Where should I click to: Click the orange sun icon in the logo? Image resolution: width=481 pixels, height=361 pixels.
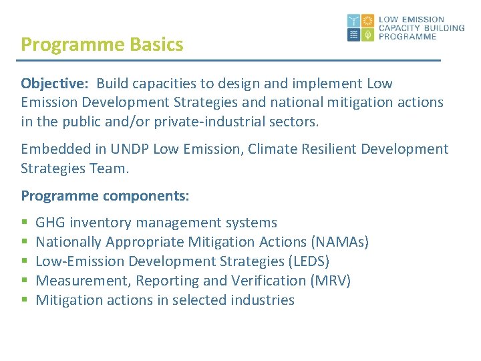pos(367,21)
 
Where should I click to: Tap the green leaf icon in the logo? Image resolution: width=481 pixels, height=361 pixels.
pos(367,35)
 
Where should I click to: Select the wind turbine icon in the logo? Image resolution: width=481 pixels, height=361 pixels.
pos(354,21)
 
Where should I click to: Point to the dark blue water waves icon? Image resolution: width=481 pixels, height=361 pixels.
pos(354,35)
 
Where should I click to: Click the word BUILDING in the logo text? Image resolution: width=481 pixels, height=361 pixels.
pos(440,28)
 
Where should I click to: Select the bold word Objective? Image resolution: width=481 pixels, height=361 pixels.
pos(56,84)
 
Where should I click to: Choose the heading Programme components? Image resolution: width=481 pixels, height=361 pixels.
pos(105,197)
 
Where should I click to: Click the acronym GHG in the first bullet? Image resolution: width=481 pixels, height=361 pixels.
pos(51,223)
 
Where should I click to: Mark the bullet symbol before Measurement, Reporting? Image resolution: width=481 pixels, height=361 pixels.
pos(25,281)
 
